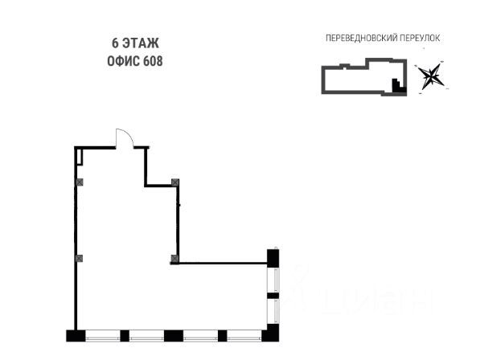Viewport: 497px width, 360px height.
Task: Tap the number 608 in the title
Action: (153, 61)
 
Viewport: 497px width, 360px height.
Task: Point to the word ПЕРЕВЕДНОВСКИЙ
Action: (359, 38)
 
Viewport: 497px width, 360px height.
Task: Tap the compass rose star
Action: (431, 76)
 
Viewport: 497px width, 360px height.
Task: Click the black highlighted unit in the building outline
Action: (396, 85)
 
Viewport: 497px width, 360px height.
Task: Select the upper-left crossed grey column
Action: (79, 182)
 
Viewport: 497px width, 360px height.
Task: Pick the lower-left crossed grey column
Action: (79, 258)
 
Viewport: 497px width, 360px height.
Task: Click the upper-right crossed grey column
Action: (175, 182)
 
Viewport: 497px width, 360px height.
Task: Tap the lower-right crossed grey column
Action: (174, 258)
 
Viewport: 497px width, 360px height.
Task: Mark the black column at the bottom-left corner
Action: (75, 335)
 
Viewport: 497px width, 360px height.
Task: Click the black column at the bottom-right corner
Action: (272, 334)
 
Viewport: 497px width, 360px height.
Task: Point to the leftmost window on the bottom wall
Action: (107, 335)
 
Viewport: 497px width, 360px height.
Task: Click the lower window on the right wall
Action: (273, 311)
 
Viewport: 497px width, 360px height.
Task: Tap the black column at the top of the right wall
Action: (273, 257)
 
